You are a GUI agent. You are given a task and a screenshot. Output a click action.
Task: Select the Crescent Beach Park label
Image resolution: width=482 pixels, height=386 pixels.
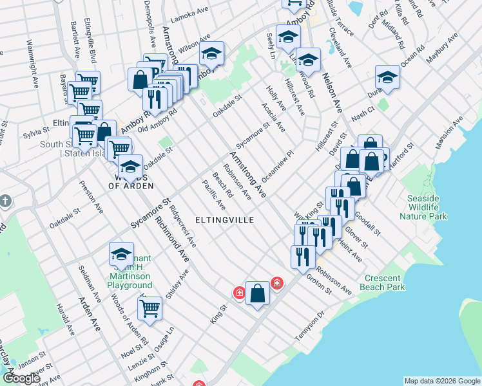tap(385, 282)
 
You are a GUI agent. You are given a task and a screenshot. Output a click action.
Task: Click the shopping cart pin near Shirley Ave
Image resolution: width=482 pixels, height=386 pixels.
tap(149, 308)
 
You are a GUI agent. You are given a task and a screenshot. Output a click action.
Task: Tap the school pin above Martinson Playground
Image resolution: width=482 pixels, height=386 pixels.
tap(120, 253)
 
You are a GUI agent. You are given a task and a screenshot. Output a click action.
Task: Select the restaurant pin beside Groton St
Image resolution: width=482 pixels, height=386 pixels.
tap(302, 256)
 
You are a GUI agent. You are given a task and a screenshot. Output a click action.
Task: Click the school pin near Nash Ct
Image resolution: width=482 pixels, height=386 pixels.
tap(387, 77)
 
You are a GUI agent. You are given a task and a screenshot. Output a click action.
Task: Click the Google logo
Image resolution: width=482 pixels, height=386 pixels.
tap(21, 378)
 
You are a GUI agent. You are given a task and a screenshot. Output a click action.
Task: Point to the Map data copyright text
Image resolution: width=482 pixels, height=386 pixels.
tap(441, 381)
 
